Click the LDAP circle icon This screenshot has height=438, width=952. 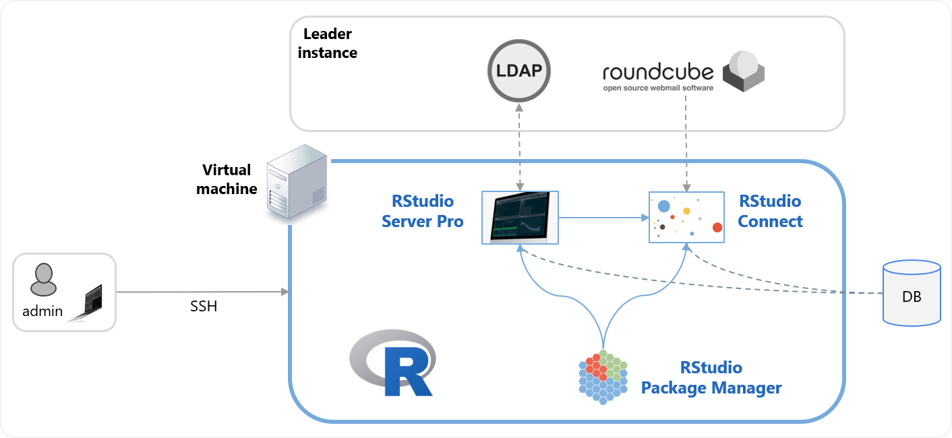(x=519, y=71)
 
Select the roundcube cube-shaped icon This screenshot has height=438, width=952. (x=744, y=71)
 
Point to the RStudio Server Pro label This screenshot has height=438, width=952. (x=423, y=211)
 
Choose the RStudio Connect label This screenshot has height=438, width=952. (x=770, y=211)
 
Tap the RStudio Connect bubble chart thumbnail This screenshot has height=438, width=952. (x=686, y=217)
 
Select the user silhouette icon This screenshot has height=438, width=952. (x=42, y=279)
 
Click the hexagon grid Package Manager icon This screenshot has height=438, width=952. (x=603, y=377)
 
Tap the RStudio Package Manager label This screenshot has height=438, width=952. (x=711, y=377)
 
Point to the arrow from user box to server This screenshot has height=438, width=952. (x=202, y=292)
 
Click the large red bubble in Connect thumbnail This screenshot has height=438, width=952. (x=717, y=227)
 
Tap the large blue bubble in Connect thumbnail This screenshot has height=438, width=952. (x=663, y=206)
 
